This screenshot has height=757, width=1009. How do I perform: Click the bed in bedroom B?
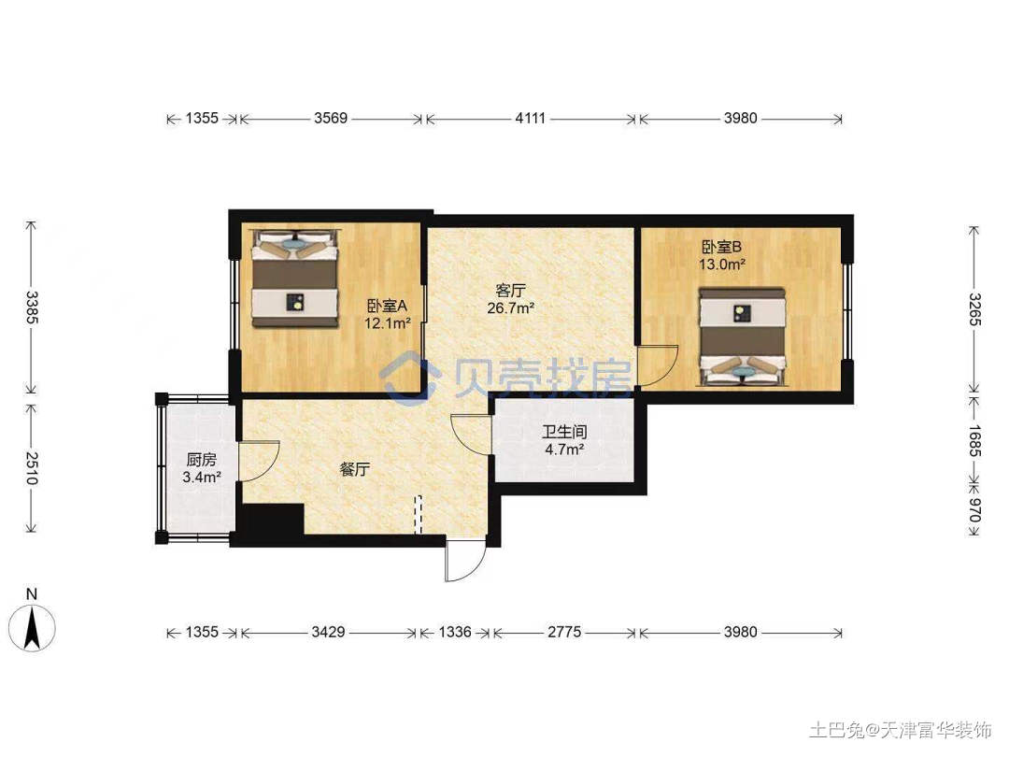click(x=744, y=336)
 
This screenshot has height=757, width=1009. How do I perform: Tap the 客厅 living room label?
click(x=510, y=291)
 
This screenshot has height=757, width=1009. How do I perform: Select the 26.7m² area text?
click(x=510, y=307)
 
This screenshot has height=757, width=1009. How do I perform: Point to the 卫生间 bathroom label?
click(x=564, y=432)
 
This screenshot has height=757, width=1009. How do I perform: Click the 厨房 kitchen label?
click(x=202, y=460)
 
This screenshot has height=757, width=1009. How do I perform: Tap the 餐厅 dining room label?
click(x=355, y=469)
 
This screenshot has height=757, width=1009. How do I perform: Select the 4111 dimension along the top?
click(x=531, y=119)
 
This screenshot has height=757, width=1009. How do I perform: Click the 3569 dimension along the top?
click(x=331, y=119)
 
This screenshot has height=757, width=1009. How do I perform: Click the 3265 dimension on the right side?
click(x=974, y=309)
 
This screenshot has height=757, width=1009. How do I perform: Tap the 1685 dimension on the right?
click(x=974, y=441)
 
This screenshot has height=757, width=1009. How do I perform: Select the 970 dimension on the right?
click(x=974, y=510)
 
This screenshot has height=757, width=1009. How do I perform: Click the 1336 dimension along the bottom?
click(x=455, y=632)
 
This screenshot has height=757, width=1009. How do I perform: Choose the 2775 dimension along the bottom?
click(x=564, y=632)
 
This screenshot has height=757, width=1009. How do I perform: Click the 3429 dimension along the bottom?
click(x=328, y=632)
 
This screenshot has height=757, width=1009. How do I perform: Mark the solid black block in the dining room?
click(x=271, y=519)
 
